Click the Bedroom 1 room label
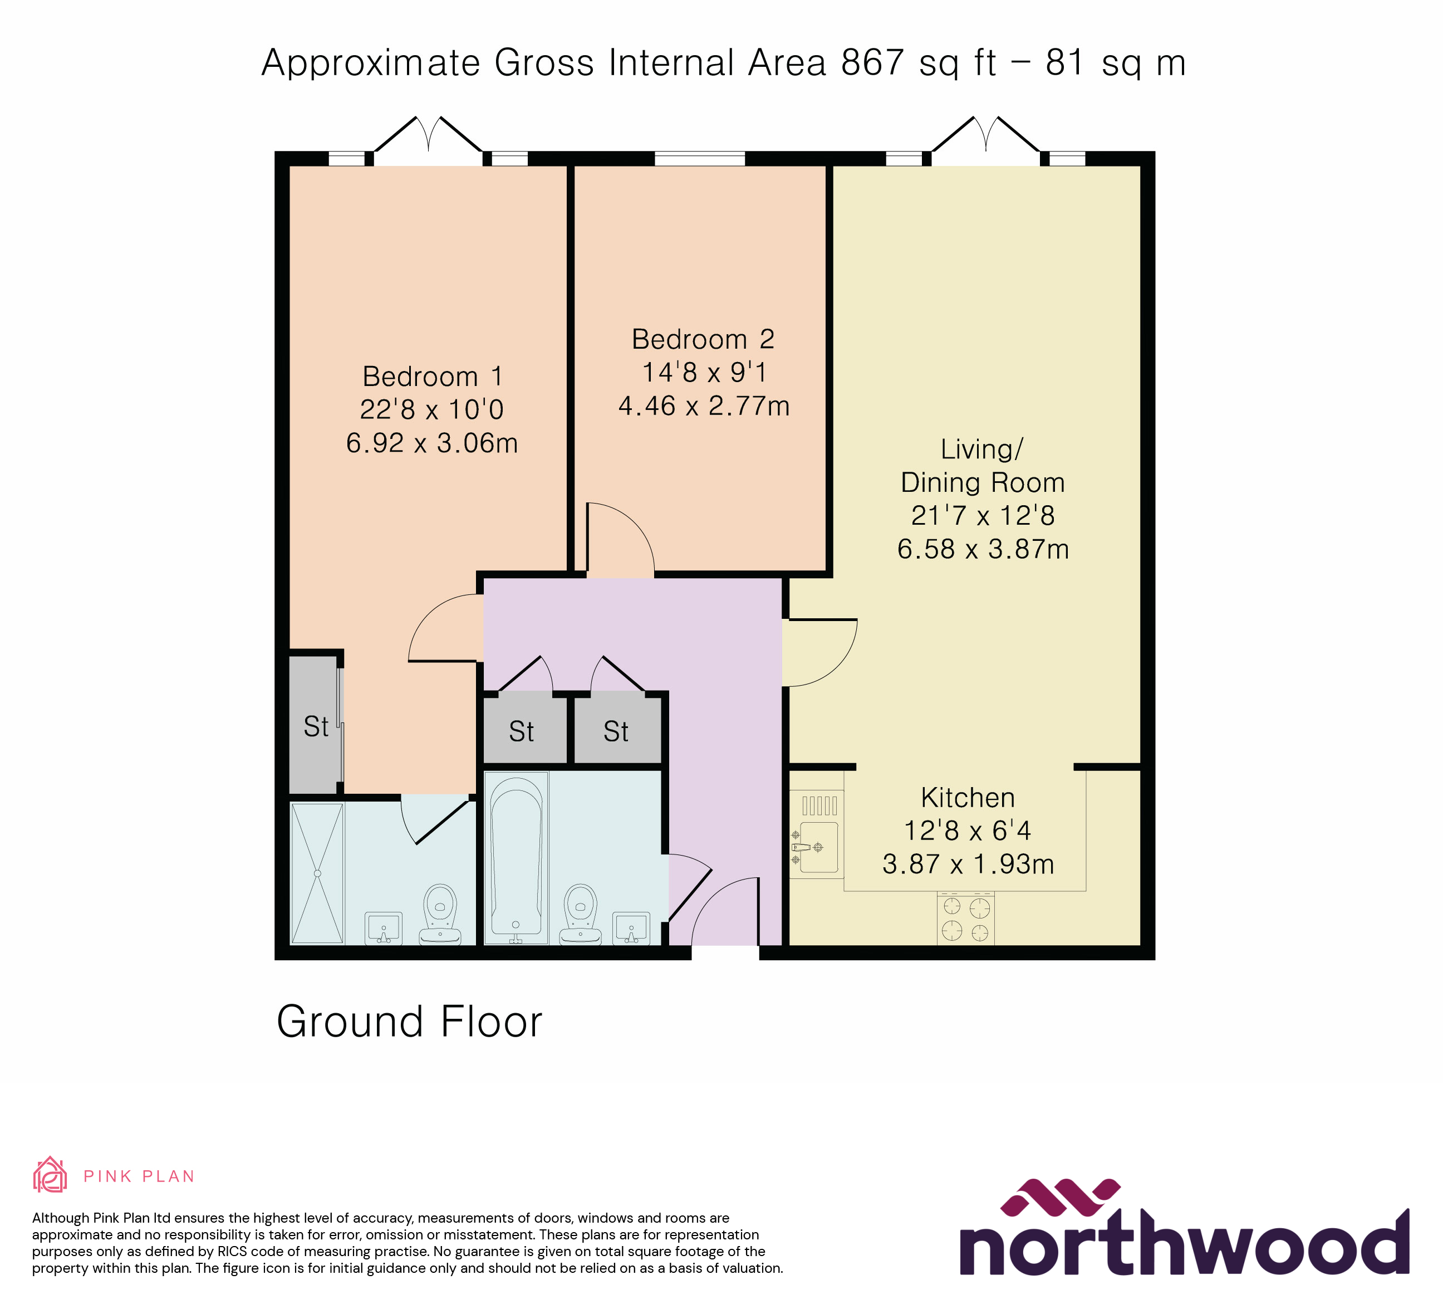tap(431, 377)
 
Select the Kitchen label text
tap(967, 798)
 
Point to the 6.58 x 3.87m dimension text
tap(983, 549)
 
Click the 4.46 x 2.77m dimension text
tap(704, 406)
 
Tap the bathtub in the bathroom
tap(516, 857)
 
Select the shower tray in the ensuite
tap(317, 873)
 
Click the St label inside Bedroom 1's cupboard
tap(316, 727)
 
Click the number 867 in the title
tap(872, 63)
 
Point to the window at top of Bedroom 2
tap(699, 158)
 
